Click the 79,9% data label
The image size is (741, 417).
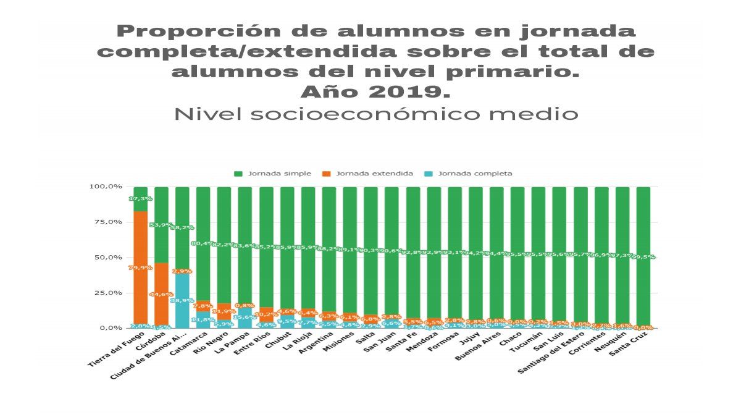(x=140, y=267)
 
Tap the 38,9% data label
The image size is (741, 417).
(x=182, y=300)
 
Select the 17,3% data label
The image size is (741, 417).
(x=140, y=199)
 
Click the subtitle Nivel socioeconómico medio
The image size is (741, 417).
(x=376, y=115)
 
